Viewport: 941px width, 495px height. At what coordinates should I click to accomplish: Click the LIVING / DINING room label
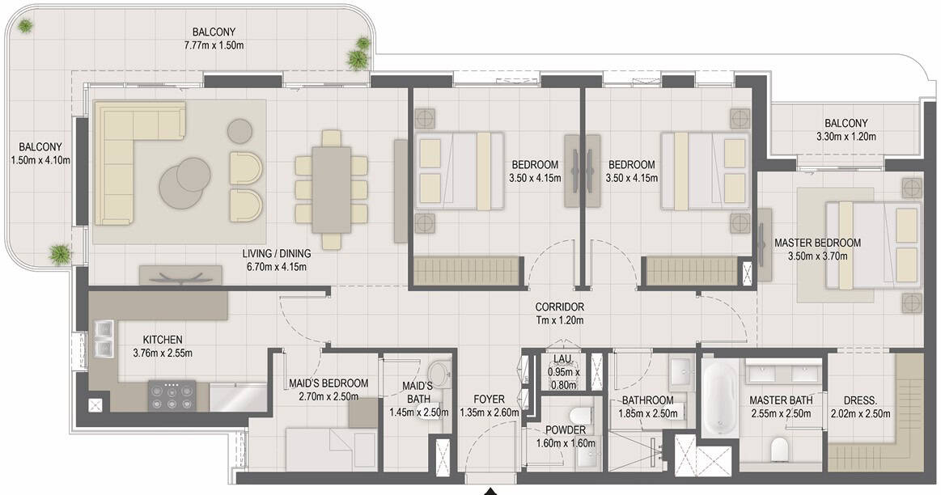[277, 253]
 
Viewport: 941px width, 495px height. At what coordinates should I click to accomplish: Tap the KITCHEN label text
[163, 340]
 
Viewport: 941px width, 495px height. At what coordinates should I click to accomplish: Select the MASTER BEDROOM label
[817, 243]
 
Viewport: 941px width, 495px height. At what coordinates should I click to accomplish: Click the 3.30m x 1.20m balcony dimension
[846, 136]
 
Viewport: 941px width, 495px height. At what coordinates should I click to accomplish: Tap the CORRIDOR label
[559, 307]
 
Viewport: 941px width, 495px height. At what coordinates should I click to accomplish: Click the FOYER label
[489, 399]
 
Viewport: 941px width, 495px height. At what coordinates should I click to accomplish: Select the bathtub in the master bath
[719, 398]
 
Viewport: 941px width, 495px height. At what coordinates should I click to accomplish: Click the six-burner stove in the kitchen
[172, 396]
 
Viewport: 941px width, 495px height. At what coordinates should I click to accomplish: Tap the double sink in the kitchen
[103, 339]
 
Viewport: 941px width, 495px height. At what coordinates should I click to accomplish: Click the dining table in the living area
[331, 189]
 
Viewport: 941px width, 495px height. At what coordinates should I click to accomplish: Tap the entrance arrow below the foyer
[491, 491]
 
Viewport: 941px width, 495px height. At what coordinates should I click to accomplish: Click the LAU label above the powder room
[562, 359]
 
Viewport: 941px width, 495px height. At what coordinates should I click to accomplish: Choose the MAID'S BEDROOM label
[329, 383]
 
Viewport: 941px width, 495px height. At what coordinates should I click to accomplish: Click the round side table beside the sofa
[240, 131]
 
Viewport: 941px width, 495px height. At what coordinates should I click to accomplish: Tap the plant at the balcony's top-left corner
[25, 25]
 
